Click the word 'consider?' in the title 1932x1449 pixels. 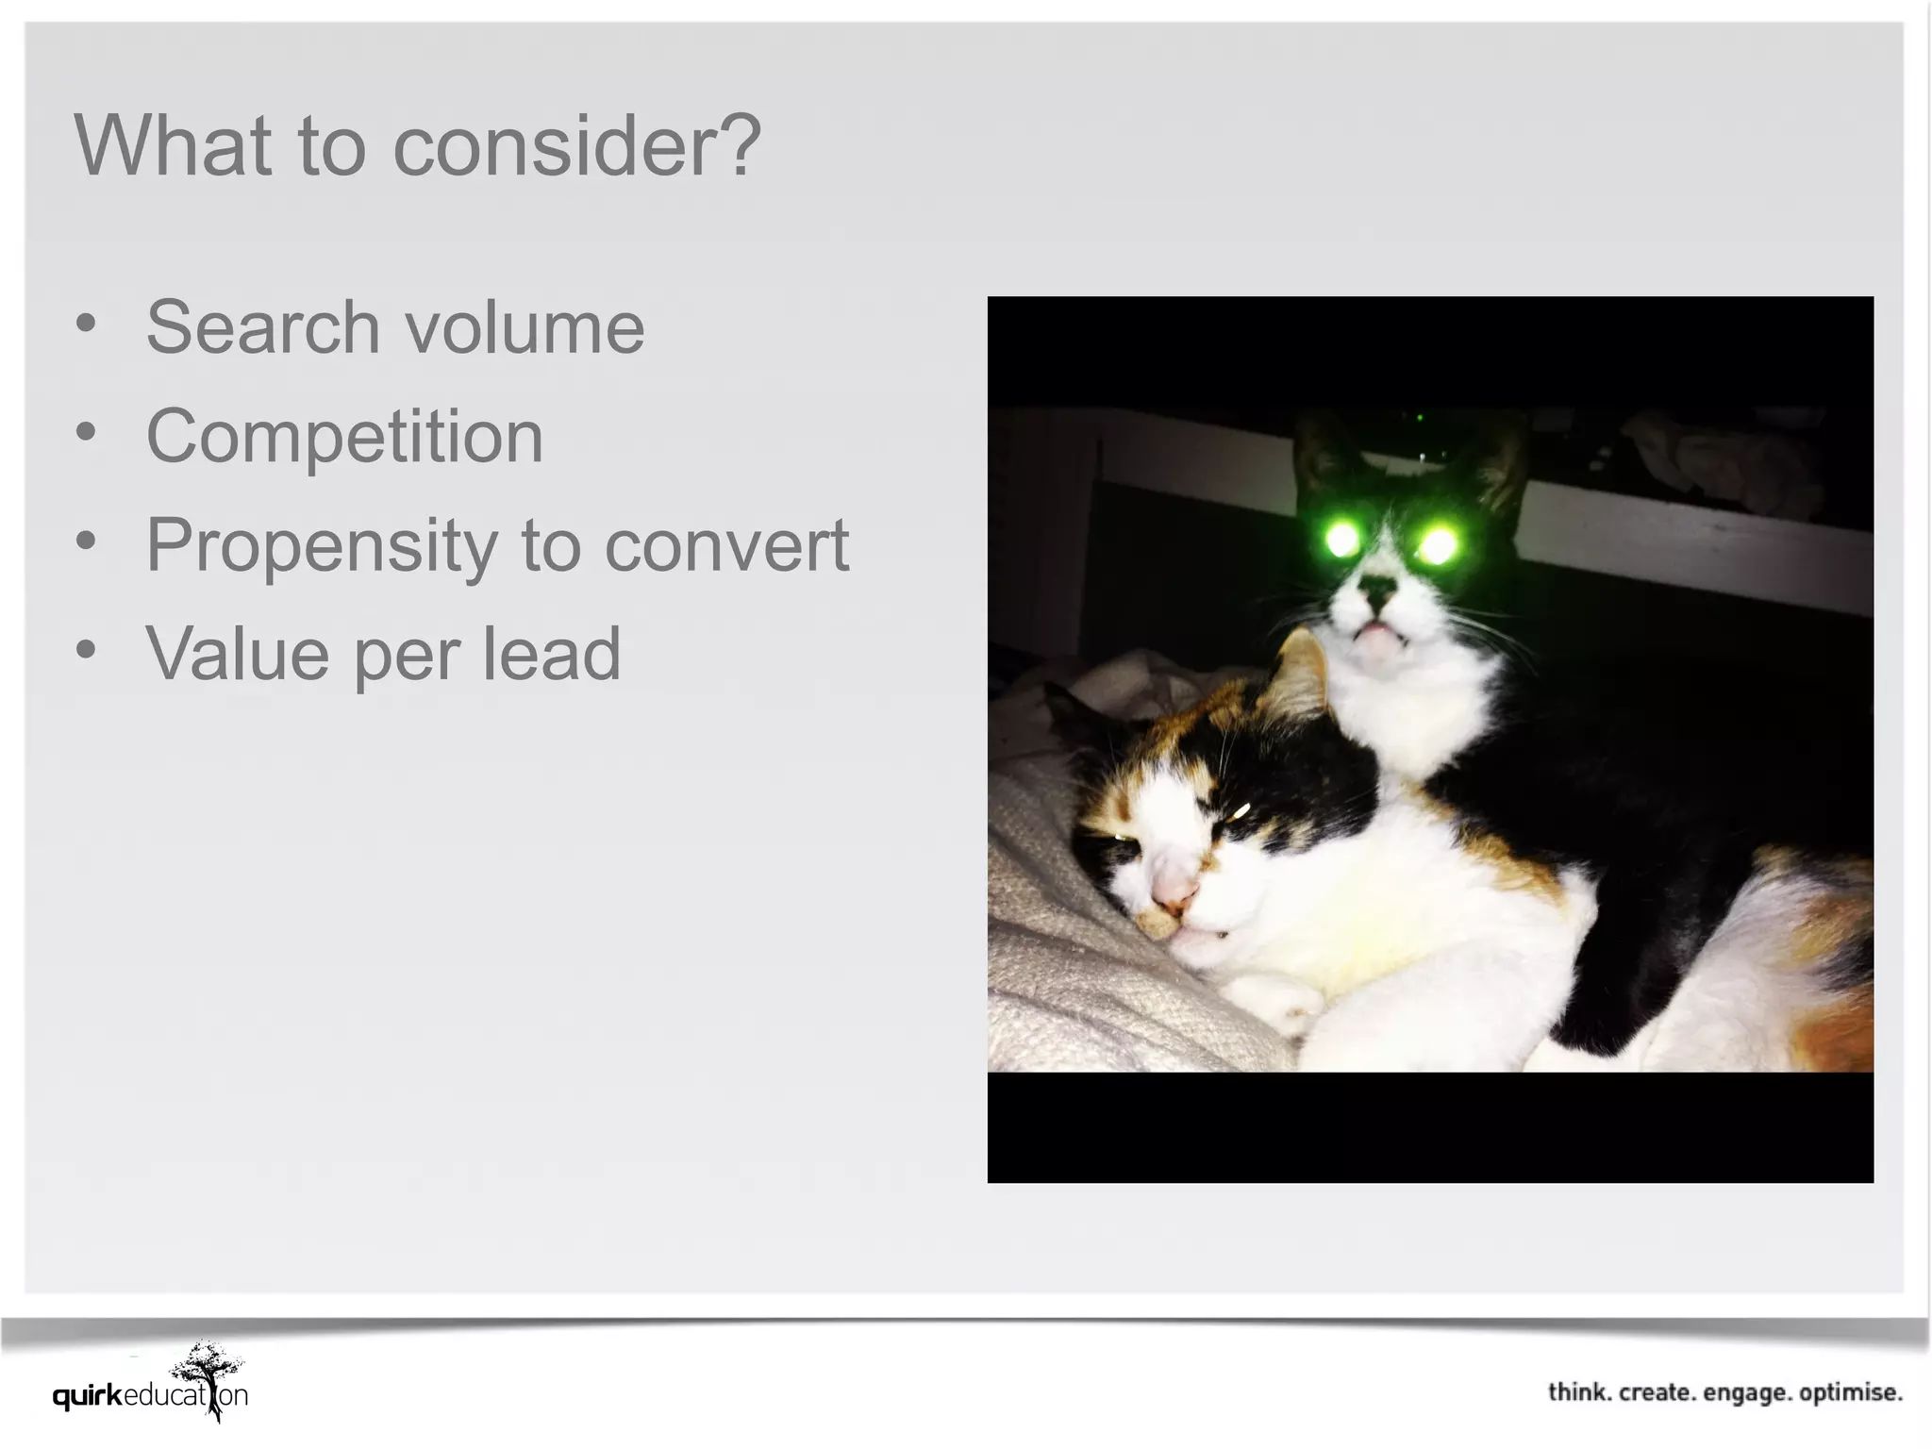click(576, 146)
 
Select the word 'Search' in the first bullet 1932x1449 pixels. click(262, 326)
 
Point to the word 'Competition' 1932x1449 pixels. click(344, 437)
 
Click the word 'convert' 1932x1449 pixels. click(726, 545)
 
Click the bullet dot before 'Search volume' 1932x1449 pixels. click(86, 324)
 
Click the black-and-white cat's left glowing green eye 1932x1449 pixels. click(1341, 541)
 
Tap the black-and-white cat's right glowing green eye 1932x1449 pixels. click(1437, 544)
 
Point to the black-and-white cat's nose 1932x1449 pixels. click(1380, 591)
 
